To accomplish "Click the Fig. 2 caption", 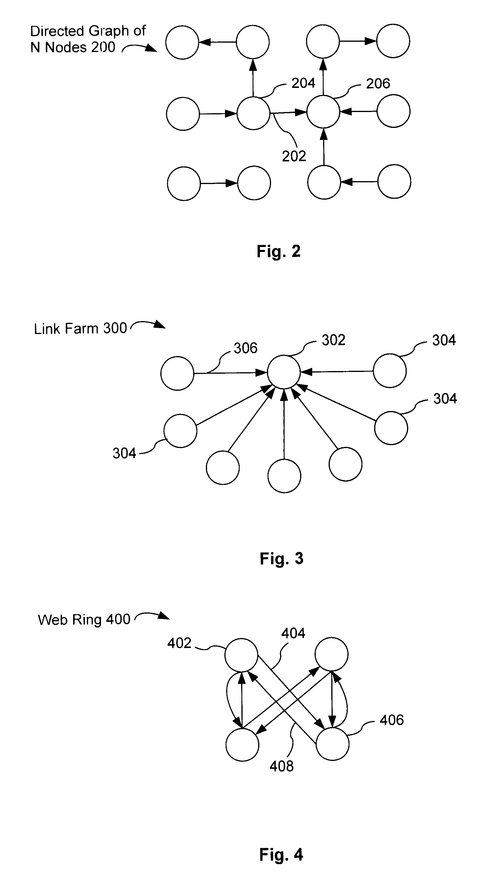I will coord(278,252).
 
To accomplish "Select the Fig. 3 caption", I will coord(281,558).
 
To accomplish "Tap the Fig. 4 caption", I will coord(281,854).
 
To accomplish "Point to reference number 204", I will coord(303,83).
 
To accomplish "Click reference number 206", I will coord(378,84).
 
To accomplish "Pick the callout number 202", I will coord(294,156).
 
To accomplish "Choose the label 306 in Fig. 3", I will coord(246,348).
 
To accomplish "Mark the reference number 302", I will coord(333,340).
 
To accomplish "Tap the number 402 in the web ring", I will coord(179,643).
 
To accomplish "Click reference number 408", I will coord(281,766).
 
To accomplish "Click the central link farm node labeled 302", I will coord(284,372).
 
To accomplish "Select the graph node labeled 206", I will coord(323,112).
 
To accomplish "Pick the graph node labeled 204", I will coord(253,113).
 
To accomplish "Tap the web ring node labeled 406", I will coord(332,744).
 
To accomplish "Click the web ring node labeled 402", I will coord(241,655).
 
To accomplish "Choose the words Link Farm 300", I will coord(80,329).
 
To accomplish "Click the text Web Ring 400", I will coord(84,619).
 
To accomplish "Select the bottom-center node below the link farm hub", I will coord(284,476).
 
